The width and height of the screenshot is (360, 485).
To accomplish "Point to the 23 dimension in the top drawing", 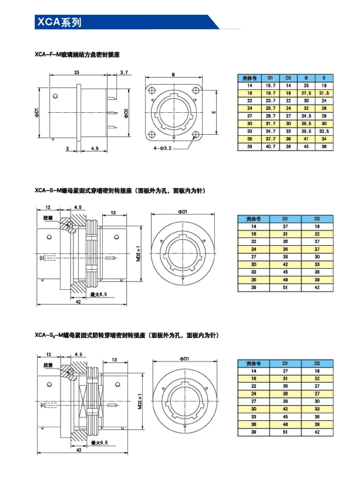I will [77, 72].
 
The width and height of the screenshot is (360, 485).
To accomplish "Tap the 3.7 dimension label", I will [125, 72].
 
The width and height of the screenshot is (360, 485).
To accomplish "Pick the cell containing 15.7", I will [271, 86].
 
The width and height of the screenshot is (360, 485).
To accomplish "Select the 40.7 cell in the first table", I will [271, 146].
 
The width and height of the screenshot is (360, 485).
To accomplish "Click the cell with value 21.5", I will [324, 93].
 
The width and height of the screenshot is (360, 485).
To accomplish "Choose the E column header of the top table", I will [324, 78].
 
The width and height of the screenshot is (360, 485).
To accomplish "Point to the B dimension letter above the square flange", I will [174, 75].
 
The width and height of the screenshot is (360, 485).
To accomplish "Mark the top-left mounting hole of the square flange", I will [152, 91].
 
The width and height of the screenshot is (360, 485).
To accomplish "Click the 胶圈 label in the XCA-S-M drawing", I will [48, 218].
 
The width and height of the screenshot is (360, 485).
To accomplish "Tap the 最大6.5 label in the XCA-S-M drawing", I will [98, 293].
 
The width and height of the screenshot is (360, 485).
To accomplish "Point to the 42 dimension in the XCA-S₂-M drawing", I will [78, 449].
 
